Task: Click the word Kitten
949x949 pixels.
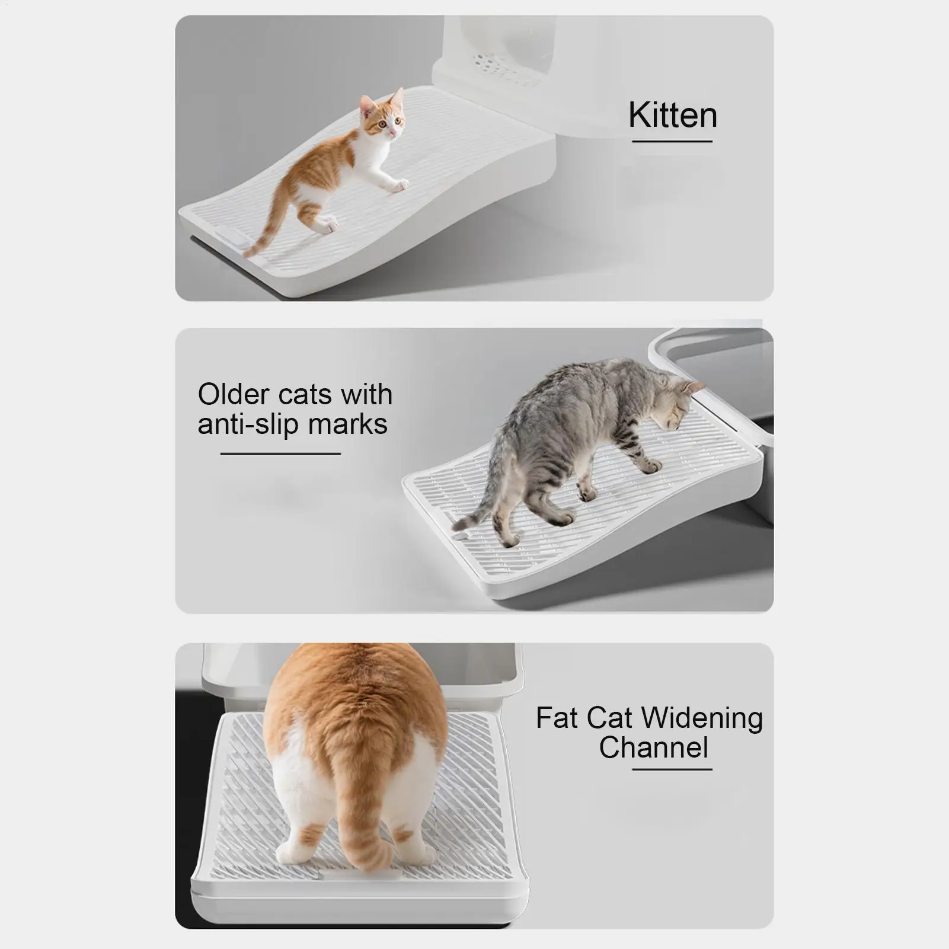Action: (672, 115)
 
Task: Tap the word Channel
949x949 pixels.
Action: (653, 747)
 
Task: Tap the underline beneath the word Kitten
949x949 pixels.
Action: (672, 142)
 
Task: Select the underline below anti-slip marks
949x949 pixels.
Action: (280, 453)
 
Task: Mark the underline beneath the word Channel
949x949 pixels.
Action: (672, 769)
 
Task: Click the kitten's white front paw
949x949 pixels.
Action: (399, 186)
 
